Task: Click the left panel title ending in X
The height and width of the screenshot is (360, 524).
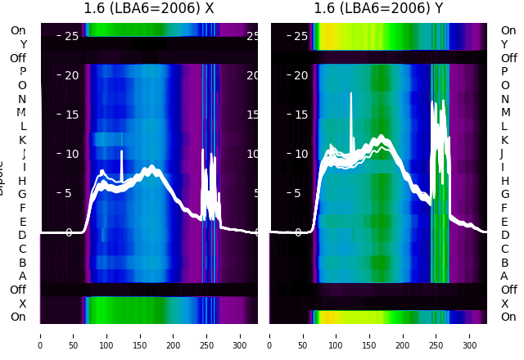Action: click(x=149, y=9)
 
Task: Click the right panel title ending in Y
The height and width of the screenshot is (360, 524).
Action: click(x=378, y=9)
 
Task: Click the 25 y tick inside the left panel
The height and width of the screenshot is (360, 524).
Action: click(x=71, y=36)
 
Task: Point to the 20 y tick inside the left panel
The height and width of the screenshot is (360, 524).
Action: click(x=71, y=75)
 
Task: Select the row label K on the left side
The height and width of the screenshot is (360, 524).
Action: click(x=23, y=140)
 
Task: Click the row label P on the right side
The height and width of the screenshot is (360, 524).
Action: click(x=504, y=71)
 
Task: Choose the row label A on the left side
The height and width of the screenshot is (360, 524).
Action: click(x=23, y=276)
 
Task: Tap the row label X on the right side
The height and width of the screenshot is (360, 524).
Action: click(x=504, y=304)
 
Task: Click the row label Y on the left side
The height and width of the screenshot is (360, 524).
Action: click(x=23, y=44)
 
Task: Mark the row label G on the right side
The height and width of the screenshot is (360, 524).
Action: click(x=504, y=195)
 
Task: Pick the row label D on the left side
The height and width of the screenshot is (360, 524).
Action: click(x=23, y=236)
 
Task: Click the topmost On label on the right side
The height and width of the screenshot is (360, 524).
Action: click(x=508, y=30)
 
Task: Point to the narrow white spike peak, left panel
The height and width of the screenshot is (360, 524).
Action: click(x=122, y=151)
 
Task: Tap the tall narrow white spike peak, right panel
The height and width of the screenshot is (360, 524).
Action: click(x=351, y=93)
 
